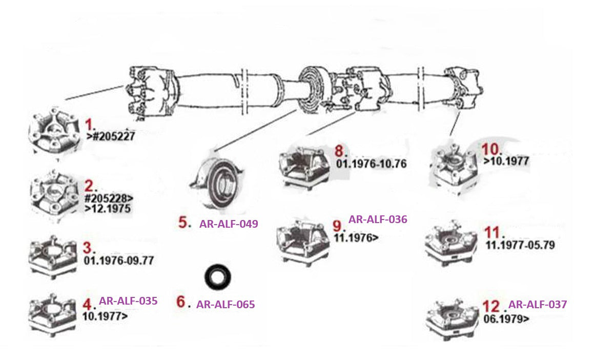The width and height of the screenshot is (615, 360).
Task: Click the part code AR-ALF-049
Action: click(x=228, y=224)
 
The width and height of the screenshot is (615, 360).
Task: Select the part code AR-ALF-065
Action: click(x=225, y=304)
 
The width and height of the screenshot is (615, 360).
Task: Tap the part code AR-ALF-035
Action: click(x=128, y=301)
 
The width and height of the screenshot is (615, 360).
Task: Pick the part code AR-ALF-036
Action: click(x=378, y=219)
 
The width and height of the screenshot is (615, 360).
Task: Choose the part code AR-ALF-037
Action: click(x=538, y=304)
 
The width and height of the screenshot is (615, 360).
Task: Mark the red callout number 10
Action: click(x=491, y=149)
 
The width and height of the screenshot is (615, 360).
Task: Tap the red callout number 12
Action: click(x=491, y=306)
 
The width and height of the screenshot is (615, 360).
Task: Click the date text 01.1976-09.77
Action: click(x=118, y=261)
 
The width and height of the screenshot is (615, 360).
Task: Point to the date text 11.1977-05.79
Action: click(x=520, y=245)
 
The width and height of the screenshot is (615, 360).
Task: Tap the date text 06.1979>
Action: click(x=506, y=318)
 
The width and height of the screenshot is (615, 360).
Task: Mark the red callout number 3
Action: click(x=89, y=248)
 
